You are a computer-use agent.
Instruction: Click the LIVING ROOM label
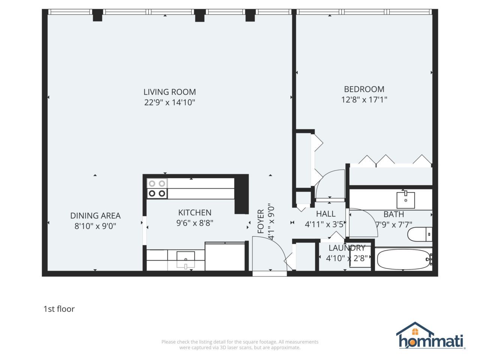pyautogui.click(x=169, y=92)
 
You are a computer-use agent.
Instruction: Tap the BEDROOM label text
pyautogui.click(x=364, y=89)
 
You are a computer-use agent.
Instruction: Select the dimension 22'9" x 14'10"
pyautogui.click(x=169, y=102)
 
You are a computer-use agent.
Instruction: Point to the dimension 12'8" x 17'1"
pyautogui.click(x=364, y=100)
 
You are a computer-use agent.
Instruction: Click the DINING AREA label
pyautogui.click(x=95, y=216)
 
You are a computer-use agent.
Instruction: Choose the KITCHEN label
pyautogui.click(x=195, y=213)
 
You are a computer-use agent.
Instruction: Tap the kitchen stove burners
pyautogui.click(x=157, y=188)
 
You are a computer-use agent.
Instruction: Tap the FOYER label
pyautogui.click(x=261, y=222)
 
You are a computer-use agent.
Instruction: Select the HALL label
pyautogui.click(x=325, y=214)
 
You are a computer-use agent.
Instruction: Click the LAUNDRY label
pyautogui.click(x=346, y=248)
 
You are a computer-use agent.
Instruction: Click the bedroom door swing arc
pyautogui.click(x=330, y=184)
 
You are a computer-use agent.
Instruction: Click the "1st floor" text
pyautogui.click(x=59, y=309)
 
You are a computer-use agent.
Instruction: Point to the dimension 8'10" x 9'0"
pyautogui.click(x=95, y=226)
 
